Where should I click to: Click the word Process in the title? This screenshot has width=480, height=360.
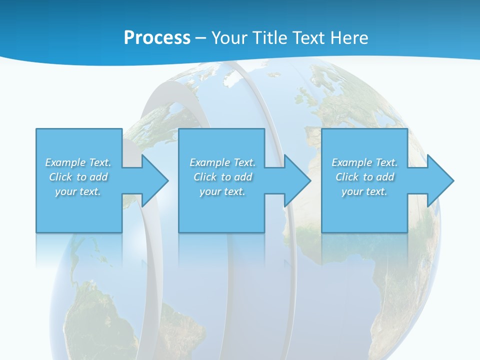(157, 37)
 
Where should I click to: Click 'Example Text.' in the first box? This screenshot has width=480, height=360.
(78, 162)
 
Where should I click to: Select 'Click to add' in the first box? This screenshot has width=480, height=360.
(78, 177)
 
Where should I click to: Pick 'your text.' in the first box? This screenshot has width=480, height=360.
(78, 191)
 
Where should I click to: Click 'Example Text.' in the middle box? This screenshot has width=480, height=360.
(222, 162)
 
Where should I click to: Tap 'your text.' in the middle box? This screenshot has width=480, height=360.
(222, 191)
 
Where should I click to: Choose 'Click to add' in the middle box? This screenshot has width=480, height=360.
(222, 177)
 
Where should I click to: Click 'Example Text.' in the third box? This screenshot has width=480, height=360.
(364, 162)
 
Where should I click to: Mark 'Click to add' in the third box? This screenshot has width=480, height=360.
(364, 177)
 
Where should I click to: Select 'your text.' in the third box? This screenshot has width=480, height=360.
(364, 191)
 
